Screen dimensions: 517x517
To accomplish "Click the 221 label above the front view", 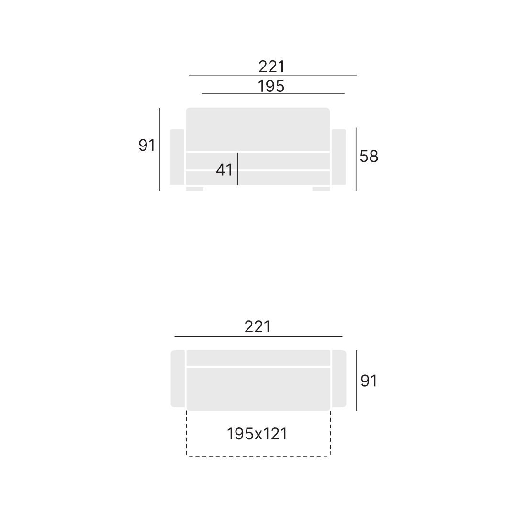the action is tap(271, 67).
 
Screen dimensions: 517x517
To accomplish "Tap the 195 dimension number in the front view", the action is tap(270, 86).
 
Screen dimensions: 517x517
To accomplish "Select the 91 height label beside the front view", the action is tap(147, 146).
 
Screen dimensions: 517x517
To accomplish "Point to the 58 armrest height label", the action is tap(369, 156).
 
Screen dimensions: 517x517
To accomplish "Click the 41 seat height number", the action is tap(224, 170).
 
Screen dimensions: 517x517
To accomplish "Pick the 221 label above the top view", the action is tap(258, 327).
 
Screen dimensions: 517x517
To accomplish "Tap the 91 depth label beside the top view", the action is tap(369, 381).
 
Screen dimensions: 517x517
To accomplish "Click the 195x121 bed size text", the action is tap(257, 434).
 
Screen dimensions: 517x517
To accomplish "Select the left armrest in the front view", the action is tap(177, 157).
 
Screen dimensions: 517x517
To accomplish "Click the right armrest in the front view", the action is tap(338, 157).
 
